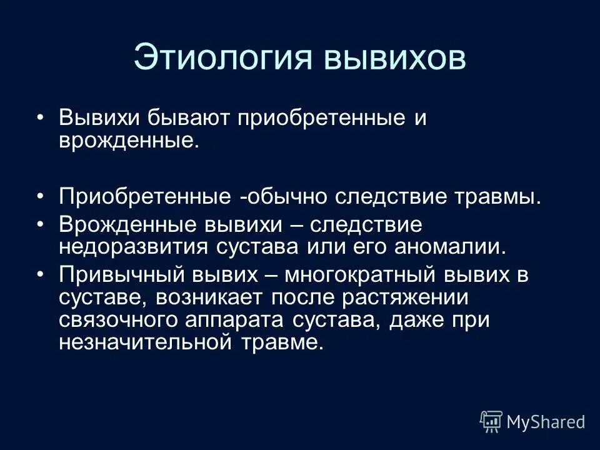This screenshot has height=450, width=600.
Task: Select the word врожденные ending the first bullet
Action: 128,141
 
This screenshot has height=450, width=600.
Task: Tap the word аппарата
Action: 237,319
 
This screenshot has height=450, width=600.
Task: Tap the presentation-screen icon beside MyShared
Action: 491,422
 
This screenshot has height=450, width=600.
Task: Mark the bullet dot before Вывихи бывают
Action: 41,118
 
